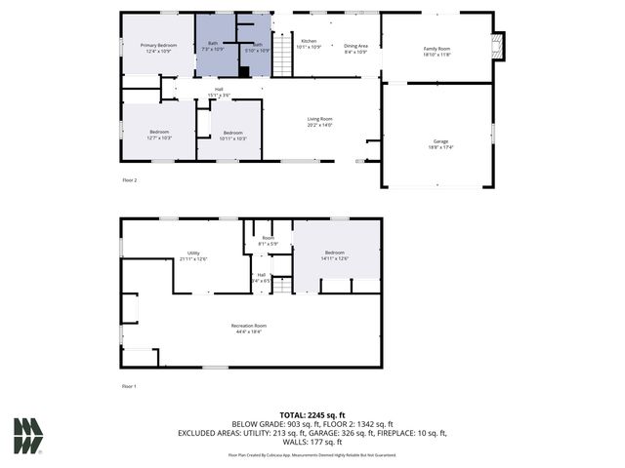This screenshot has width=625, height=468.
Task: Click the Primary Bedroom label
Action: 158,45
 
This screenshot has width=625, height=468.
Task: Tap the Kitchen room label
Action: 309,41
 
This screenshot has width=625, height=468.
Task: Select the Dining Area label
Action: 355,46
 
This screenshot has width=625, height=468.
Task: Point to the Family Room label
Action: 437,48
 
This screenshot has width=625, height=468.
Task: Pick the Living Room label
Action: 320,119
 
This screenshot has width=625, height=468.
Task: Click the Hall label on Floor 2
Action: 220,90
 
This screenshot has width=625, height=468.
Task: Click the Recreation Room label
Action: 249,326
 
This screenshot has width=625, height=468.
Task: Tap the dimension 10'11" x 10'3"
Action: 232,138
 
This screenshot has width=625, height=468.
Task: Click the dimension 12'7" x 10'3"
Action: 159,138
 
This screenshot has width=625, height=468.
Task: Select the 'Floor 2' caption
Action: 129,180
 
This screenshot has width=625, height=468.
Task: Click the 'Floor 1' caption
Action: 129,387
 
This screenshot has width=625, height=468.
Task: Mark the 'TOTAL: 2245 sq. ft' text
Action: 312,414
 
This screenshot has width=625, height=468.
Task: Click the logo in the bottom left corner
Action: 27,436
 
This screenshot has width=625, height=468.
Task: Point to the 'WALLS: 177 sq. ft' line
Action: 312,441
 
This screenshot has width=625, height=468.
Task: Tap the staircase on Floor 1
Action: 281,285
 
